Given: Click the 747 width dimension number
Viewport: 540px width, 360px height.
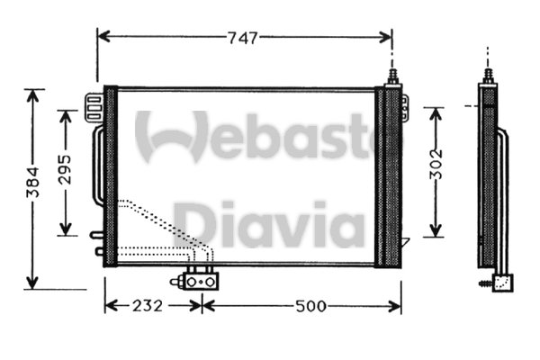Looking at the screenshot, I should [x=243, y=38].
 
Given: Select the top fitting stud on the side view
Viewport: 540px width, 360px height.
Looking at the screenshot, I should [x=487, y=75].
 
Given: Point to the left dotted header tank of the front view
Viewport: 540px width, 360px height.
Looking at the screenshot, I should [x=111, y=176].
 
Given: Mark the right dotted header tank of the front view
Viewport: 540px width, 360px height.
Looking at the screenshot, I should [x=389, y=176].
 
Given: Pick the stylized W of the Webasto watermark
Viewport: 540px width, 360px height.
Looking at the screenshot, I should [x=171, y=135].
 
